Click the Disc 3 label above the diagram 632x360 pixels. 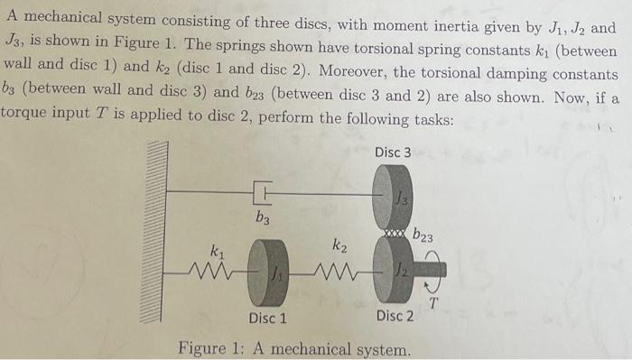click(x=393, y=152)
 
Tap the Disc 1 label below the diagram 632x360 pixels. click(x=267, y=318)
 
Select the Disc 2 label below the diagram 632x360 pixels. click(x=395, y=316)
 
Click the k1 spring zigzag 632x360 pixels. click(x=214, y=267)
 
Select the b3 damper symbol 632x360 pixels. click(x=262, y=191)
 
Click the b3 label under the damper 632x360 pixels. click(x=262, y=217)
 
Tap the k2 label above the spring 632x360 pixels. click(x=339, y=245)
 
